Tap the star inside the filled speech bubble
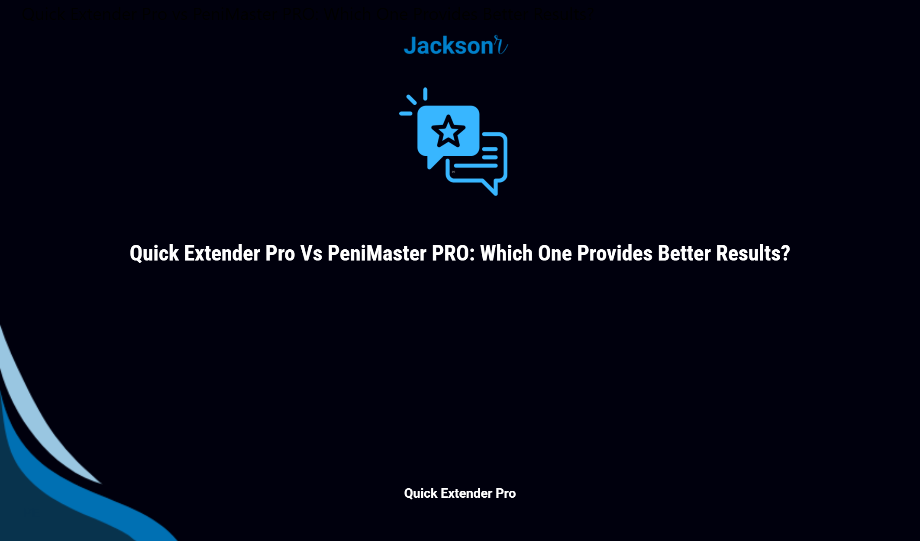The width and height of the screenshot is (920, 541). (448, 131)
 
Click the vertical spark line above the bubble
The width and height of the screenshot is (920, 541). (425, 94)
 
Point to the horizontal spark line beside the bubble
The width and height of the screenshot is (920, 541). (406, 114)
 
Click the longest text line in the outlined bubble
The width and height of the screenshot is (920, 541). (475, 165)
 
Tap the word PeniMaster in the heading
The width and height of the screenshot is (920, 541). (377, 254)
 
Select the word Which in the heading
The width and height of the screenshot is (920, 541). (506, 254)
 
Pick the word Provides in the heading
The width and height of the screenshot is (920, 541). (614, 254)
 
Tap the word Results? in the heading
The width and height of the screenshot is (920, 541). (753, 254)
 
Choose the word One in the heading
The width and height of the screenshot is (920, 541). (555, 254)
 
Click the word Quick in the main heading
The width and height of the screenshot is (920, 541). (154, 254)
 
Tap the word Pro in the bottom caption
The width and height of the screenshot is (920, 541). (506, 493)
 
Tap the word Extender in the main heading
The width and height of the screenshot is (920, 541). (222, 254)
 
